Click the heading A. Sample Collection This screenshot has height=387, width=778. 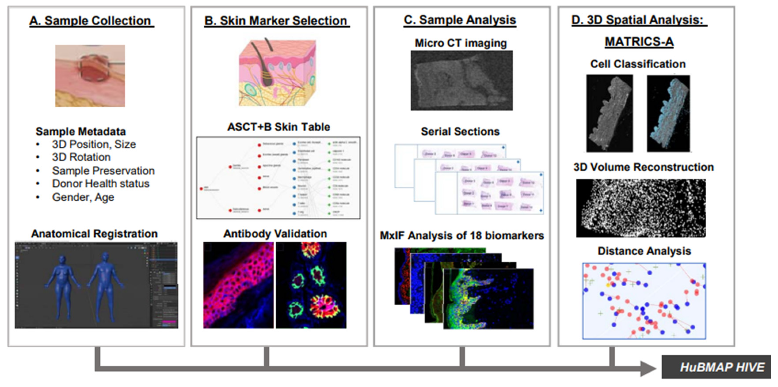pyautogui.click(x=91, y=21)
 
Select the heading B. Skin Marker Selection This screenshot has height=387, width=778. pyautogui.click(x=276, y=21)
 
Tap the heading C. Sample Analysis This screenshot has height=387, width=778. pyautogui.click(x=460, y=20)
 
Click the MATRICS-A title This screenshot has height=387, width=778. pyautogui.click(x=639, y=41)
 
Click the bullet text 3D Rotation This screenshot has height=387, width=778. pyautogui.click(x=81, y=157)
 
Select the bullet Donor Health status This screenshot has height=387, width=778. pyautogui.click(x=101, y=183)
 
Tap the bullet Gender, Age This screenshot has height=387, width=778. pyautogui.click(x=83, y=197)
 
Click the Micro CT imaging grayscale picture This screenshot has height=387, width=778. pyautogui.click(x=461, y=80)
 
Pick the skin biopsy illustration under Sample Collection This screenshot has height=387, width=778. pyautogui.click(x=90, y=76)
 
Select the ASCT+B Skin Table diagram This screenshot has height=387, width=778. pyautogui.click(x=278, y=178)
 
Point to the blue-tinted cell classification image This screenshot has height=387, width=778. pyautogui.click(x=668, y=113)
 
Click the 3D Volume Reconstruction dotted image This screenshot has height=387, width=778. pyautogui.click(x=641, y=208)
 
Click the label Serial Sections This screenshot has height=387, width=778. pyautogui.click(x=460, y=131)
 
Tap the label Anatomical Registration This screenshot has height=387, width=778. pyautogui.click(x=94, y=234)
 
